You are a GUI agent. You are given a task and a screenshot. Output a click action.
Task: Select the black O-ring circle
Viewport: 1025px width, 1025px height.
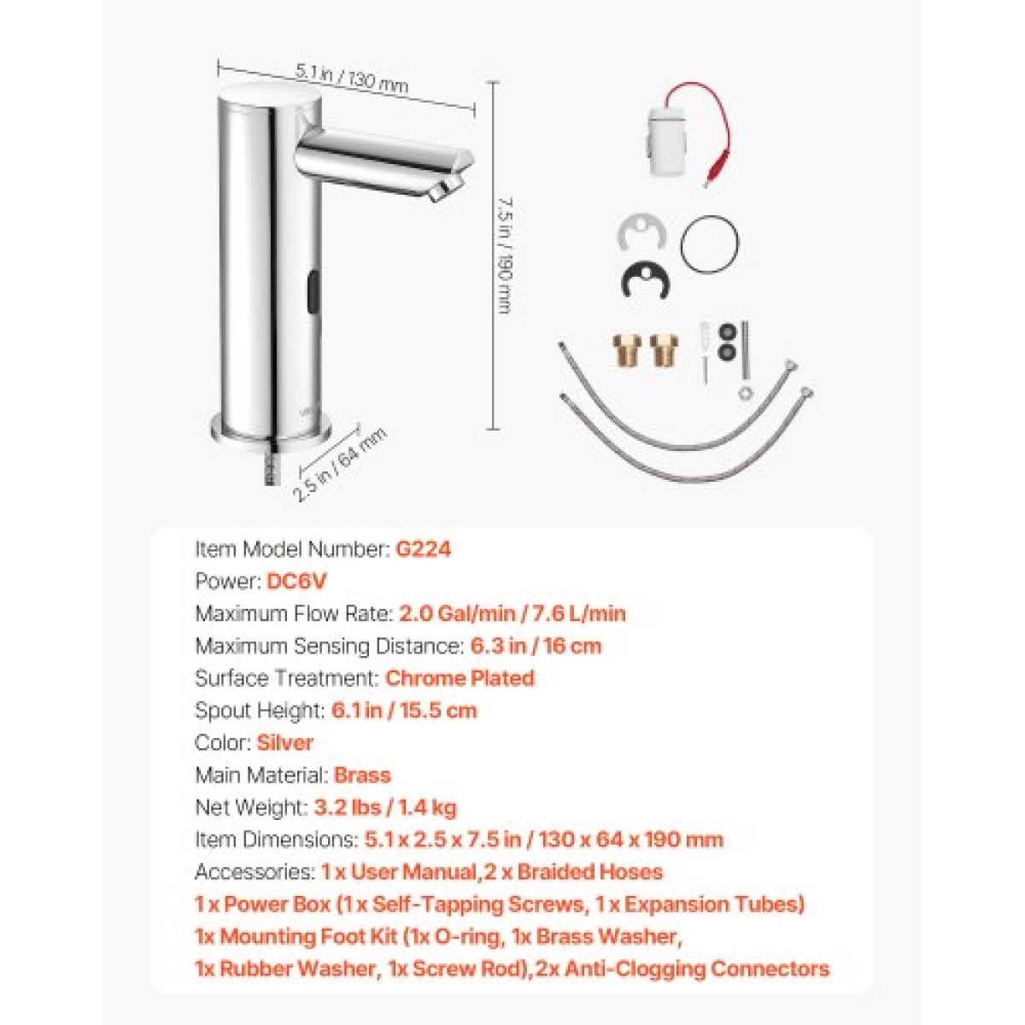tap(709, 244)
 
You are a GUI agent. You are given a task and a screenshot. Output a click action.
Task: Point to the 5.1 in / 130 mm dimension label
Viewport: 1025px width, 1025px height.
tap(352, 79)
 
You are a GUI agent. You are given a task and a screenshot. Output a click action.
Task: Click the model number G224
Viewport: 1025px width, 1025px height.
tap(423, 549)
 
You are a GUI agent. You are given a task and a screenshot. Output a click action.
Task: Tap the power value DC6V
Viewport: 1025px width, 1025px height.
tap(296, 582)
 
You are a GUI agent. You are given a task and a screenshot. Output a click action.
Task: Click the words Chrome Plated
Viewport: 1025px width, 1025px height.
tap(460, 678)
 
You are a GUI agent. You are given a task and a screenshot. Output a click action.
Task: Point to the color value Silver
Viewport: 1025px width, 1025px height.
tap(284, 742)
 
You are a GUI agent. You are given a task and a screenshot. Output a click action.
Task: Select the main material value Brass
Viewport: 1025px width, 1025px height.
tap(362, 775)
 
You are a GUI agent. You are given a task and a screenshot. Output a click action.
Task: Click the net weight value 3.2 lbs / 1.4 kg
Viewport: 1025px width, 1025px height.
tap(385, 808)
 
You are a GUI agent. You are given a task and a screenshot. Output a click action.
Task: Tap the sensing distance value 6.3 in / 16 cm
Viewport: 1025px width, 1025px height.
tap(536, 647)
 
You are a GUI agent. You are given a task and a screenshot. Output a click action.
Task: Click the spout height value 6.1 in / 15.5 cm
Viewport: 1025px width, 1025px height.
tap(404, 711)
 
